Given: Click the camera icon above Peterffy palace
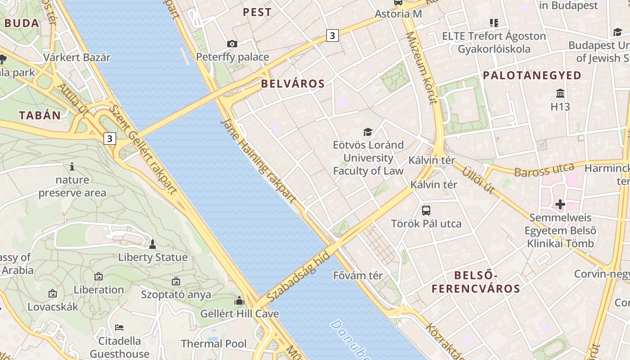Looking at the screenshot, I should pyautogui.click(x=232, y=44).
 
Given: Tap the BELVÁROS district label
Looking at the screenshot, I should pyautogui.click(x=293, y=84).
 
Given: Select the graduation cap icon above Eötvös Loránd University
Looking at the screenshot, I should pyautogui.click(x=368, y=132).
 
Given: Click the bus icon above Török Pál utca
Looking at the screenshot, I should pyautogui.click(x=426, y=210).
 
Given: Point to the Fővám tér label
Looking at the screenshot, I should pyautogui.click(x=358, y=275).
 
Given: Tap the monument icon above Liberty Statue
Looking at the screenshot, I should pyautogui.click(x=153, y=244).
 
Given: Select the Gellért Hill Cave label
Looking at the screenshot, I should pyautogui.click(x=239, y=314).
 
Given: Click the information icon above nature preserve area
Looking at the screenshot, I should pyautogui.click(x=72, y=167).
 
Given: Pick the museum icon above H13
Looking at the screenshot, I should pyautogui.click(x=560, y=94).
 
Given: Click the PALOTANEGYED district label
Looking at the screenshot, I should pyautogui.click(x=532, y=76).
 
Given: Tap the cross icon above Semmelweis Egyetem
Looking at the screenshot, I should pyautogui.click(x=560, y=205).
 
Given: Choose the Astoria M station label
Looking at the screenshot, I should pyautogui.click(x=398, y=14).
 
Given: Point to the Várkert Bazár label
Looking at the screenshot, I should pyautogui.click(x=77, y=58).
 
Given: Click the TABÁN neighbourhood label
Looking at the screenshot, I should pyautogui.click(x=40, y=115).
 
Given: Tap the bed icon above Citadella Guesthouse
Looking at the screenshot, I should pyautogui.click(x=119, y=327).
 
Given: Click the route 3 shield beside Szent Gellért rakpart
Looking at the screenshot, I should pyautogui.click(x=109, y=139).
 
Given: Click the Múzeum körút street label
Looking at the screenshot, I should pyautogui.click(x=421, y=67).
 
